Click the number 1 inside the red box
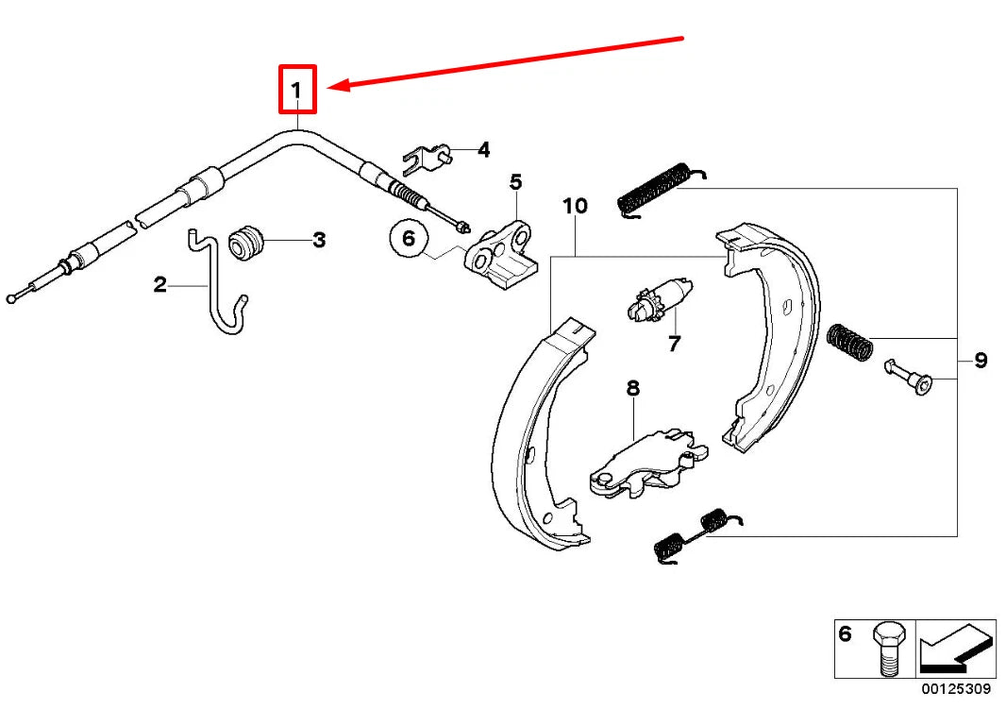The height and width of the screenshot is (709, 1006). pyautogui.click(x=296, y=91)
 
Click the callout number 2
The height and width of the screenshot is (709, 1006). pyautogui.click(x=160, y=284)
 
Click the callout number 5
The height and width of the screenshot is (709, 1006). pyautogui.click(x=515, y=182)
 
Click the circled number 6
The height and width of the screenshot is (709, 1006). pyautogui.click(x=409, y=239)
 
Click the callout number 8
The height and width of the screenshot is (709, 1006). pyautogui.click(x=632, y=388)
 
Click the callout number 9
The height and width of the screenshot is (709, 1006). pyautogui.click(x=981, y=360)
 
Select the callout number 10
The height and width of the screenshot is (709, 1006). pyautogui.click(x=574, y=206)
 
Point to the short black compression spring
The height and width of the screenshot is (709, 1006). pyautogui.click(x=847, y=341)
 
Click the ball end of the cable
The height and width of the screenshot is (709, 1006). pyautogui.click(x=10, y=299)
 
